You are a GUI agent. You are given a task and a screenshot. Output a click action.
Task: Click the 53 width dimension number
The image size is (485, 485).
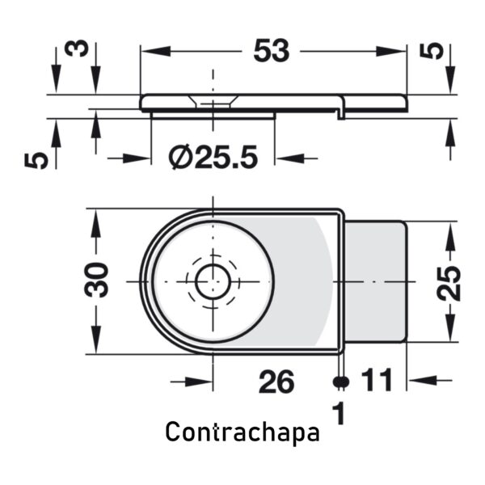tap(272, 50)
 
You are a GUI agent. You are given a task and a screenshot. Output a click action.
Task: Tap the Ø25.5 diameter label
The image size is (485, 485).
tap(213, 157)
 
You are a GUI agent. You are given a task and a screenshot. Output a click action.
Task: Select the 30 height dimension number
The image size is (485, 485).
tap(96, 280)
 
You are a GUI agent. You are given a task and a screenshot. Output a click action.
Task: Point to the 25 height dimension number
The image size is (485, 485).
tap(449, 284)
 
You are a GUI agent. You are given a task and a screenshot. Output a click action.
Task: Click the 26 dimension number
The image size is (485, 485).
tap(276, 382)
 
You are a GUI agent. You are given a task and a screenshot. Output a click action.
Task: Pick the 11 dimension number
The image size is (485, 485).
tap(377, 380)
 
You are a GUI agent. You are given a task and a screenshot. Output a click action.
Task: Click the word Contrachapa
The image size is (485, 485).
tap(242, 432)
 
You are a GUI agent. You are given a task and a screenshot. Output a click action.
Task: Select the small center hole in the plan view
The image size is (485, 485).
tap(213, 282)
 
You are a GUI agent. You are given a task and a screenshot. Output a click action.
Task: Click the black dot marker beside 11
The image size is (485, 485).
tap(341, 382)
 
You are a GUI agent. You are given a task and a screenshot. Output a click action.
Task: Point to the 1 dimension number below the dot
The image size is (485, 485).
tap(339, 413)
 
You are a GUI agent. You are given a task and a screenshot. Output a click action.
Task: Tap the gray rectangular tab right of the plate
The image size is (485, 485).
tap(374, 282)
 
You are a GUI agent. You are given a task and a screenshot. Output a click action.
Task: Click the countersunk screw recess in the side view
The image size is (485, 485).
tap(213, 102)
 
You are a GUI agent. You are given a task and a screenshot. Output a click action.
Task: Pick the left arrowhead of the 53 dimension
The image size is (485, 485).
tap(155, 51)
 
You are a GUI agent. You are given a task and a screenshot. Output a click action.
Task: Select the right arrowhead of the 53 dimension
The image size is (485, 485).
tap(390, 51)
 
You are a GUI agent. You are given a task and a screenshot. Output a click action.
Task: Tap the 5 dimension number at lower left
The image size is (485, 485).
tap(36, 160)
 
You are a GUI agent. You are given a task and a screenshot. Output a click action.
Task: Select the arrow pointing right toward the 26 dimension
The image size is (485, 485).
tap(192, 382)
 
